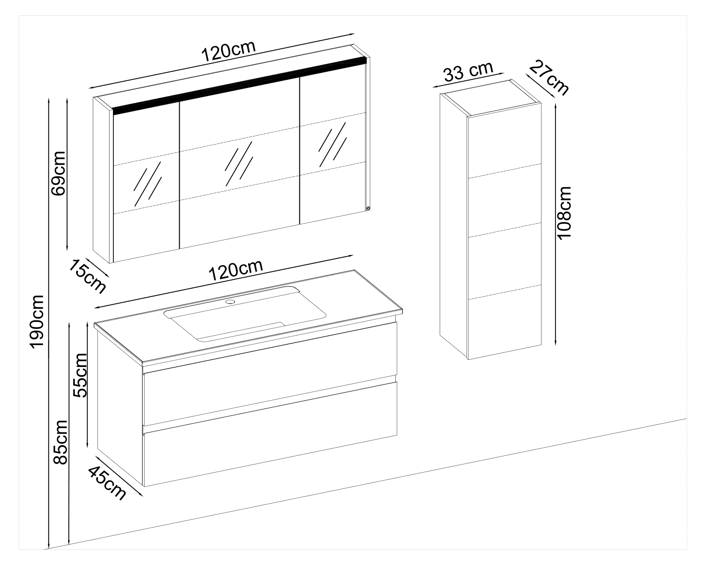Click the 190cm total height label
[x=37, y=321]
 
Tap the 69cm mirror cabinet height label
[x=58, y=173]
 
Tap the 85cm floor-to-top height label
[x=59, y=442]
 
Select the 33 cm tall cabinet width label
[x=468, y=71]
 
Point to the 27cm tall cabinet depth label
[x=549, y=77]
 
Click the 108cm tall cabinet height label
[x=565, y=213]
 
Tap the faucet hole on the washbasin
[x=231, y=302]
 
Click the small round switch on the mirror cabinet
[x=368, y=209]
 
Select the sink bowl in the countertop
[x=245, y=314]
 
